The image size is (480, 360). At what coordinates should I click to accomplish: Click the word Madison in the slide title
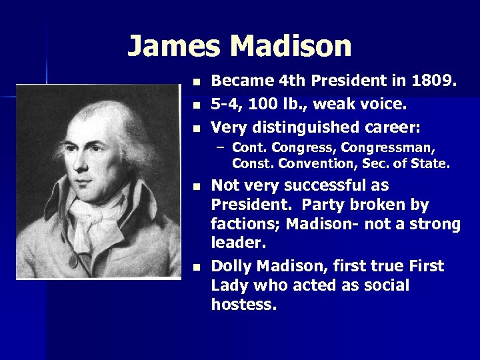pos(291,47)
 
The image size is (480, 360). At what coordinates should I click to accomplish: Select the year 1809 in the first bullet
pos(433,81)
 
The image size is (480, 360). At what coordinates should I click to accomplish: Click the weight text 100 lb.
pos(273,104)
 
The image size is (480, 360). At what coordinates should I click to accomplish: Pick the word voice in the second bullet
pos(383,104)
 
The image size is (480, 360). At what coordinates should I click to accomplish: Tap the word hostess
pos(243,305)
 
